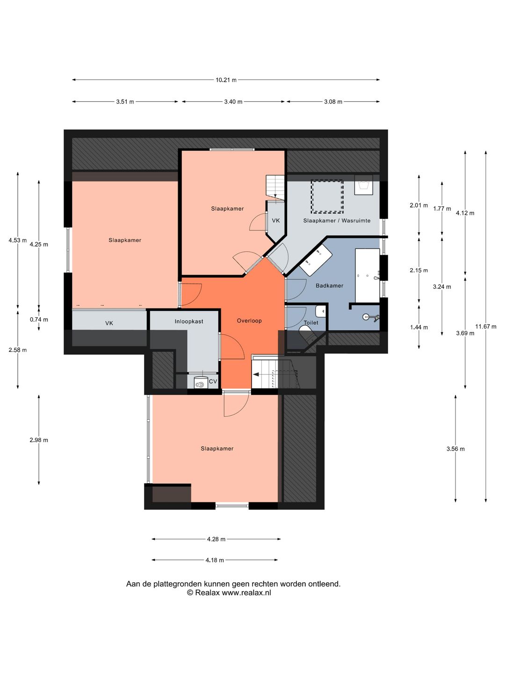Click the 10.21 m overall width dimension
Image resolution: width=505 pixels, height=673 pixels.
(x=226, y=80)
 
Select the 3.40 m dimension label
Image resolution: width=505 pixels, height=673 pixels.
(x=233, y=102)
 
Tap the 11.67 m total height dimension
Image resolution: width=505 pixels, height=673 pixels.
(x=486, y=327)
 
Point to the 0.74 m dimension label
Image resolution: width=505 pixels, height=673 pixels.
(x=39, y=320)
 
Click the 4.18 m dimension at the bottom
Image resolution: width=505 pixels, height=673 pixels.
(x=215, y=560)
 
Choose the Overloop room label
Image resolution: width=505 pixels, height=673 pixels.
(x=249, y=321)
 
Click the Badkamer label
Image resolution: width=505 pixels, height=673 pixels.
(x=329, y=286)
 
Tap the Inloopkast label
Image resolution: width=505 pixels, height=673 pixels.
(x=189, y=322)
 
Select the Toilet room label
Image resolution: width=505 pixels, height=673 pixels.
(x=311, y=322)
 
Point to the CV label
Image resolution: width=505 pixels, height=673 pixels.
(x=213, y=381)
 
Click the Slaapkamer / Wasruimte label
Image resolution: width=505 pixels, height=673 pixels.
(x=337, y=221)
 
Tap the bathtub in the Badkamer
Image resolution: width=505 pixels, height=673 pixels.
(x=368, y=275)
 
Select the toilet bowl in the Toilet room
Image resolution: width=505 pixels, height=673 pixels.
(x=308, y=334)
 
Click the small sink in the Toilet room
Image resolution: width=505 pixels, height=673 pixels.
(x=321, y=312)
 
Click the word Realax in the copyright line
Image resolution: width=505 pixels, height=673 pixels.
(x=208, y=593)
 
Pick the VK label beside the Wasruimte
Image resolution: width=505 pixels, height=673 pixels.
(x=276, y=221)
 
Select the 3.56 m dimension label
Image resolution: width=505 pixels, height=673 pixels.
(x=455, y=449)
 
